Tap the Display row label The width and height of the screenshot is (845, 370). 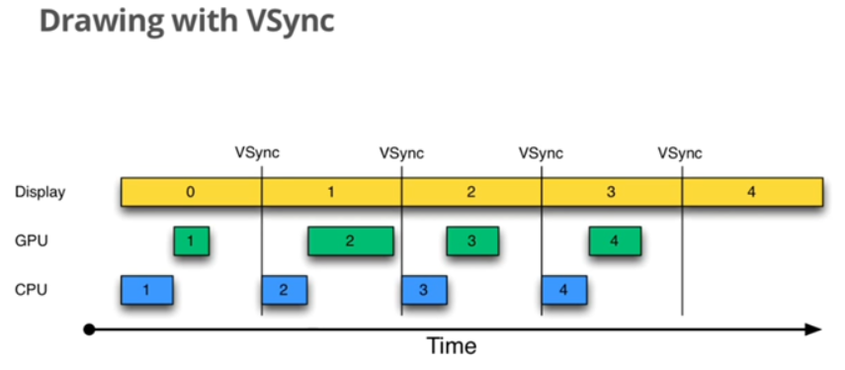click(40, 192)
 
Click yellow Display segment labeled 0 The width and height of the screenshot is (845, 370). click(191, 192)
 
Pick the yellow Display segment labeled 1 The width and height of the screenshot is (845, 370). click(331, 192)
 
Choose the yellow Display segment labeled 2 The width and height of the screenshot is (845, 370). click(471, 192)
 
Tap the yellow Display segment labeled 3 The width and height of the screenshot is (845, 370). click(611, 192)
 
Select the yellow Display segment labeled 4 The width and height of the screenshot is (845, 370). click(752, 192)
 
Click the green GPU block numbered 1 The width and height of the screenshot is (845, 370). click(191, 240)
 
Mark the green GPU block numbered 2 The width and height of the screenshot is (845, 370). click(350, 240)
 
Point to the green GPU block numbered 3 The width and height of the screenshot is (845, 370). click(471, 240)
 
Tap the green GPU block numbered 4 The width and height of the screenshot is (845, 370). click(614, 240)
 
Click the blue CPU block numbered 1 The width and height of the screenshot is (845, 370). click(146, 290)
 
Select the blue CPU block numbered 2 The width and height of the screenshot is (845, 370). click(284, 290)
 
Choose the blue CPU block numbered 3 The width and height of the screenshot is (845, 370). click(424, 290)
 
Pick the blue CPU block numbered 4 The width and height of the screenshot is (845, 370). click(563, 290)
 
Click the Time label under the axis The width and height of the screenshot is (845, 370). click(451, 346)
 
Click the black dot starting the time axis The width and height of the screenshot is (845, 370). click(90, 328)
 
